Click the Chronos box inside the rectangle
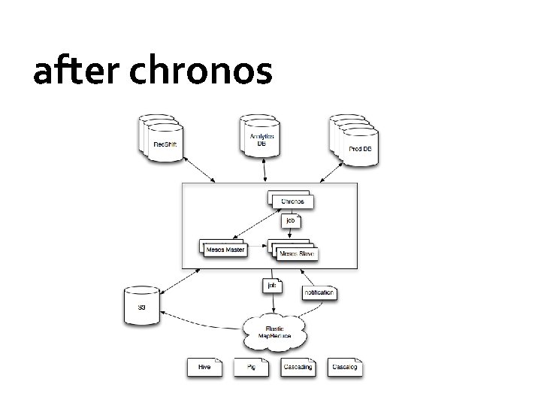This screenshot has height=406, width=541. [292, 200]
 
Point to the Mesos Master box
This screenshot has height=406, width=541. [225, 249]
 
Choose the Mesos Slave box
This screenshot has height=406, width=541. [295, 253]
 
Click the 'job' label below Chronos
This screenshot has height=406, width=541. [292, 221]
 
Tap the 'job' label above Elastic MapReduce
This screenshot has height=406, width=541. [270, 286]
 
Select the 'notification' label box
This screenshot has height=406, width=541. [319, 292]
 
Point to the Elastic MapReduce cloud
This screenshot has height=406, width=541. [276, 330]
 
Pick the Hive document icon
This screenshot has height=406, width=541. [204, 367]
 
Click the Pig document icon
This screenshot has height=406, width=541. [250, 367]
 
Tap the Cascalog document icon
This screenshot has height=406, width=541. [345, 367]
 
